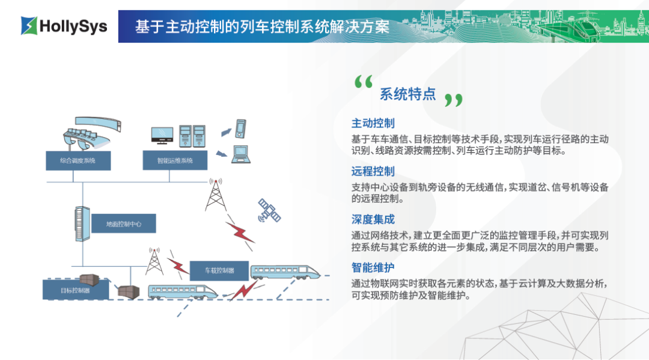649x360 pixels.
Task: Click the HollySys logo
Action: (64, 26)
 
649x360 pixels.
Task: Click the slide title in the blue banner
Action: (262, 27)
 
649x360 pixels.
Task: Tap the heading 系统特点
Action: (407, 94)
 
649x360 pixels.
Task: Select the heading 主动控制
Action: (373, 123)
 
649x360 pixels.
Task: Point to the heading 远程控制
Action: (373, 171)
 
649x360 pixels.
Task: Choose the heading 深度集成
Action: (373, 219)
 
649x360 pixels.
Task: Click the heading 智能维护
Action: (373, 267)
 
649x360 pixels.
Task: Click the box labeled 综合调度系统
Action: (78, 160)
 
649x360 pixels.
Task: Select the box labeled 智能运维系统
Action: (175, 160)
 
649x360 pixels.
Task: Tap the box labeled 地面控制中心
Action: (124, 224)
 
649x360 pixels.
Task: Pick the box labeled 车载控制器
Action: (219, 270)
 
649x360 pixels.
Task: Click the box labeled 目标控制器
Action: (76, 290)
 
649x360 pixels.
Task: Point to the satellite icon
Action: (269, 210)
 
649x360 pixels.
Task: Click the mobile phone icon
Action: (240, 129)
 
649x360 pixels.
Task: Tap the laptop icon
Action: (241, 154)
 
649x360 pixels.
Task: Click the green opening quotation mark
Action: (364, 82)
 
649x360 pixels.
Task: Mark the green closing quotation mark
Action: (454, 100)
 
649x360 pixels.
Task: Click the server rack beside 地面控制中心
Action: (82, 224)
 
